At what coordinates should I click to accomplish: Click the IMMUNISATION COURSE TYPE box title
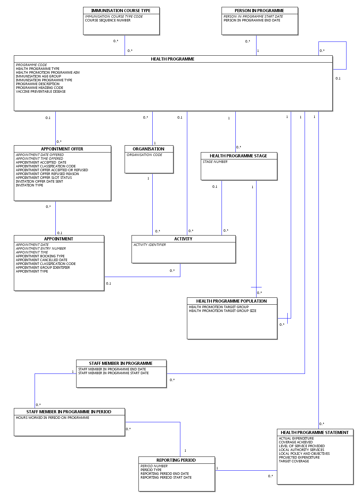pos(121,11)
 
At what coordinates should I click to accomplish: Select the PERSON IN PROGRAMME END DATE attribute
pos(252,20)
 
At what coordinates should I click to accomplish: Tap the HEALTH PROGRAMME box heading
pos(173,59)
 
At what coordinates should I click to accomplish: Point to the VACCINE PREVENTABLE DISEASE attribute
pos(41,92)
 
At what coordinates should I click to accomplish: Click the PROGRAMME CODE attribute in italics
pos(31,65)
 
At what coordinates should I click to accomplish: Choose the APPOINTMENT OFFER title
pos(62,149)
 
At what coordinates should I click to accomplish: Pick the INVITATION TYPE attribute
pos(29,185)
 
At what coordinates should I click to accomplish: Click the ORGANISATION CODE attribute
pos(144,155)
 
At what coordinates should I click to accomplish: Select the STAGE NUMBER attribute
pos(215,162)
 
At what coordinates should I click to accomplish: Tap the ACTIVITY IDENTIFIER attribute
pos(150,245)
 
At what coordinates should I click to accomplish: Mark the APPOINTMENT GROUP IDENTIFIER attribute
pos(43,267)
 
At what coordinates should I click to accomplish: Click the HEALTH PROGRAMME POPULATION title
pos(231,301)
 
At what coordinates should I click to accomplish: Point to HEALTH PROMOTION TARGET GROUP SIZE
pos(223,311)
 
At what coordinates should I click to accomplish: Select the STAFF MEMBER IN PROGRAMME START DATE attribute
pos(114,373)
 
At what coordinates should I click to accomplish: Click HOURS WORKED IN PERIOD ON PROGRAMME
pos(53,417)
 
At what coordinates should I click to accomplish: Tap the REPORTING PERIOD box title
pos(176,460)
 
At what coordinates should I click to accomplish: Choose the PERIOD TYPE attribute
pos(151,470)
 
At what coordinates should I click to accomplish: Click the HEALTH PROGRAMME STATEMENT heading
pos(315,432)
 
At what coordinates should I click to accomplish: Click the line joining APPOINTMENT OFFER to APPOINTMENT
pos(56,218)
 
